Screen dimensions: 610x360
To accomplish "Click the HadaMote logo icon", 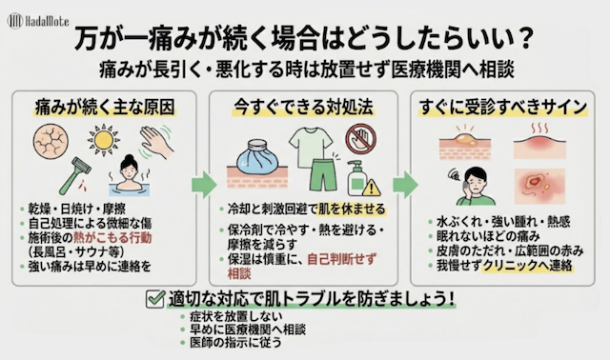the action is point(15,21).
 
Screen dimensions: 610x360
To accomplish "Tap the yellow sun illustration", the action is point(104,140).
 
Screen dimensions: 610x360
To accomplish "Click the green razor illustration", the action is point(75,176).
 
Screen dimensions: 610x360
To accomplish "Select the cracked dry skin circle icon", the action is point(51,142).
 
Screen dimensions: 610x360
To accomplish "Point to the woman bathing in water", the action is point(128,176).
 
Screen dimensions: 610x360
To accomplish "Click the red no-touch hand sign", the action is point(360,139).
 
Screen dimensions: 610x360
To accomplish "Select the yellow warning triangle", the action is point(371,188).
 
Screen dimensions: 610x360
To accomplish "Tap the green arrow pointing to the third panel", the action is point(405,184).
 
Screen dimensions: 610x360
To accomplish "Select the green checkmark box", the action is point(155,299).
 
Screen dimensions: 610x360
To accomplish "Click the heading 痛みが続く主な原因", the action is point(105,107).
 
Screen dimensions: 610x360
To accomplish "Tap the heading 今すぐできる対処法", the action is point(304,107).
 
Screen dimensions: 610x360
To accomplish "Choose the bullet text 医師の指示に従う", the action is point(235,343).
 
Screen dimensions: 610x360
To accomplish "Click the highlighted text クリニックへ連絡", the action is point(527,266).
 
